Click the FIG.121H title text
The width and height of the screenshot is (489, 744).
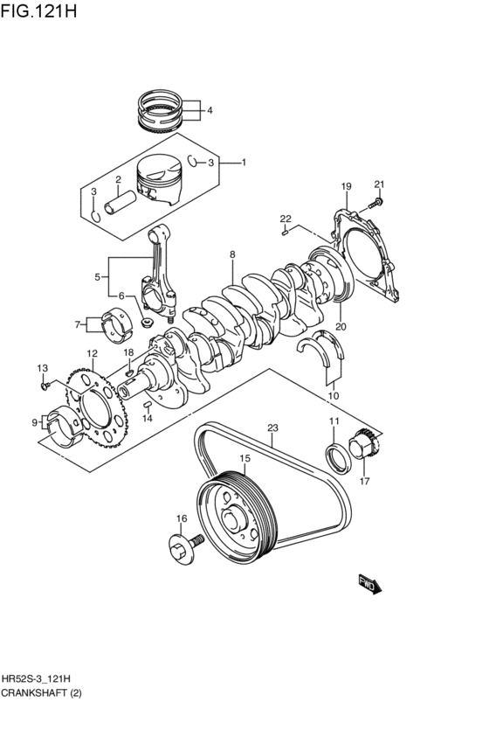pyautogui.click(x=38, y=10)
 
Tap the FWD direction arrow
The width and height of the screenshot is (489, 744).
pyautogui.click(x=369, y=584)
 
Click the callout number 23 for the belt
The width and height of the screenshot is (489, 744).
pyautogui.click(x=272, y=428)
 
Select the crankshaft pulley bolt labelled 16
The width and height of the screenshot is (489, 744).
pyautogui.click(x=186, y=547)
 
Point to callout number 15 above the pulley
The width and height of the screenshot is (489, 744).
pyautogui.click(x=244, y=458)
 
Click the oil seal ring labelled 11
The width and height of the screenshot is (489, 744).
pyautogui.click(x=337, y=458)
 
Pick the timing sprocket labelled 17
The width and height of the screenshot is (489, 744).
pyautogui.click(x=365, y=443)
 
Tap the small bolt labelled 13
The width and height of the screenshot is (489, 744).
pyautogui.click(x=45, y=386)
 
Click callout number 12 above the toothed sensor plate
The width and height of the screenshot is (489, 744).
pyautogui.click(x=92, y=353)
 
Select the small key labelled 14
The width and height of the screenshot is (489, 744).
pyautogui.click(x=148, y=404)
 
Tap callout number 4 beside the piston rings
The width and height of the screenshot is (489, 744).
pyautogui.click(x=210, y=111)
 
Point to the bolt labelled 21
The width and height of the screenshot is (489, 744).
pyautogui.click(x=377, y=203)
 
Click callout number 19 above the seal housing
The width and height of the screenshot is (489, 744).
pyautogui.click(x=346, y=186)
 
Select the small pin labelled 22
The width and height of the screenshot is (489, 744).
pyautogui.click(x=285, y=232)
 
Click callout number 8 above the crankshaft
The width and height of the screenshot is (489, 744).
pyautogui.click(x=232, y=254)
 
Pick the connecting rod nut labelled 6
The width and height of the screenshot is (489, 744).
pyautogui.click(x=147, y=323)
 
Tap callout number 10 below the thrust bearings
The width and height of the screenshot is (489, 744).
pyautogui.click(x=334, y=396)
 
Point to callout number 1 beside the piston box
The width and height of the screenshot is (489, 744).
pyautogui.click(x=244, y=163)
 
